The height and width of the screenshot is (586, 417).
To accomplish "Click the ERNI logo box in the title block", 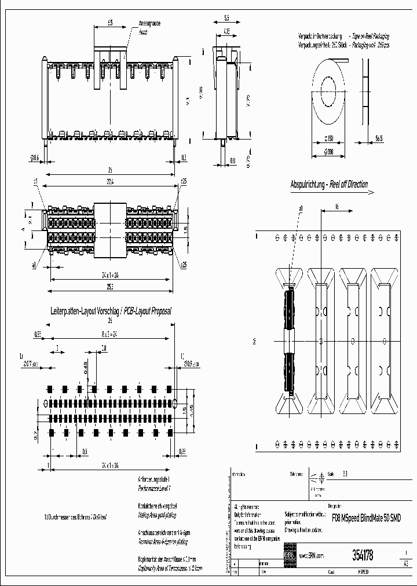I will click(x=290, y=555).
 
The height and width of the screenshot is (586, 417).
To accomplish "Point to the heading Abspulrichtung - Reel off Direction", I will click(x=328, y=185).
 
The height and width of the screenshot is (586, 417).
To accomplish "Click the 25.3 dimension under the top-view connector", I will click(x=109, y=285).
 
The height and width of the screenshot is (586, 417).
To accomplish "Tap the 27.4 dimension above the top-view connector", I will click(x=109, y=182).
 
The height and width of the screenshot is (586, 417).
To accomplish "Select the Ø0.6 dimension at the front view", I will click(x=34, y=158).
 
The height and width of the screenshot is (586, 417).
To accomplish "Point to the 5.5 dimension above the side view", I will click(x=226, y=18).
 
